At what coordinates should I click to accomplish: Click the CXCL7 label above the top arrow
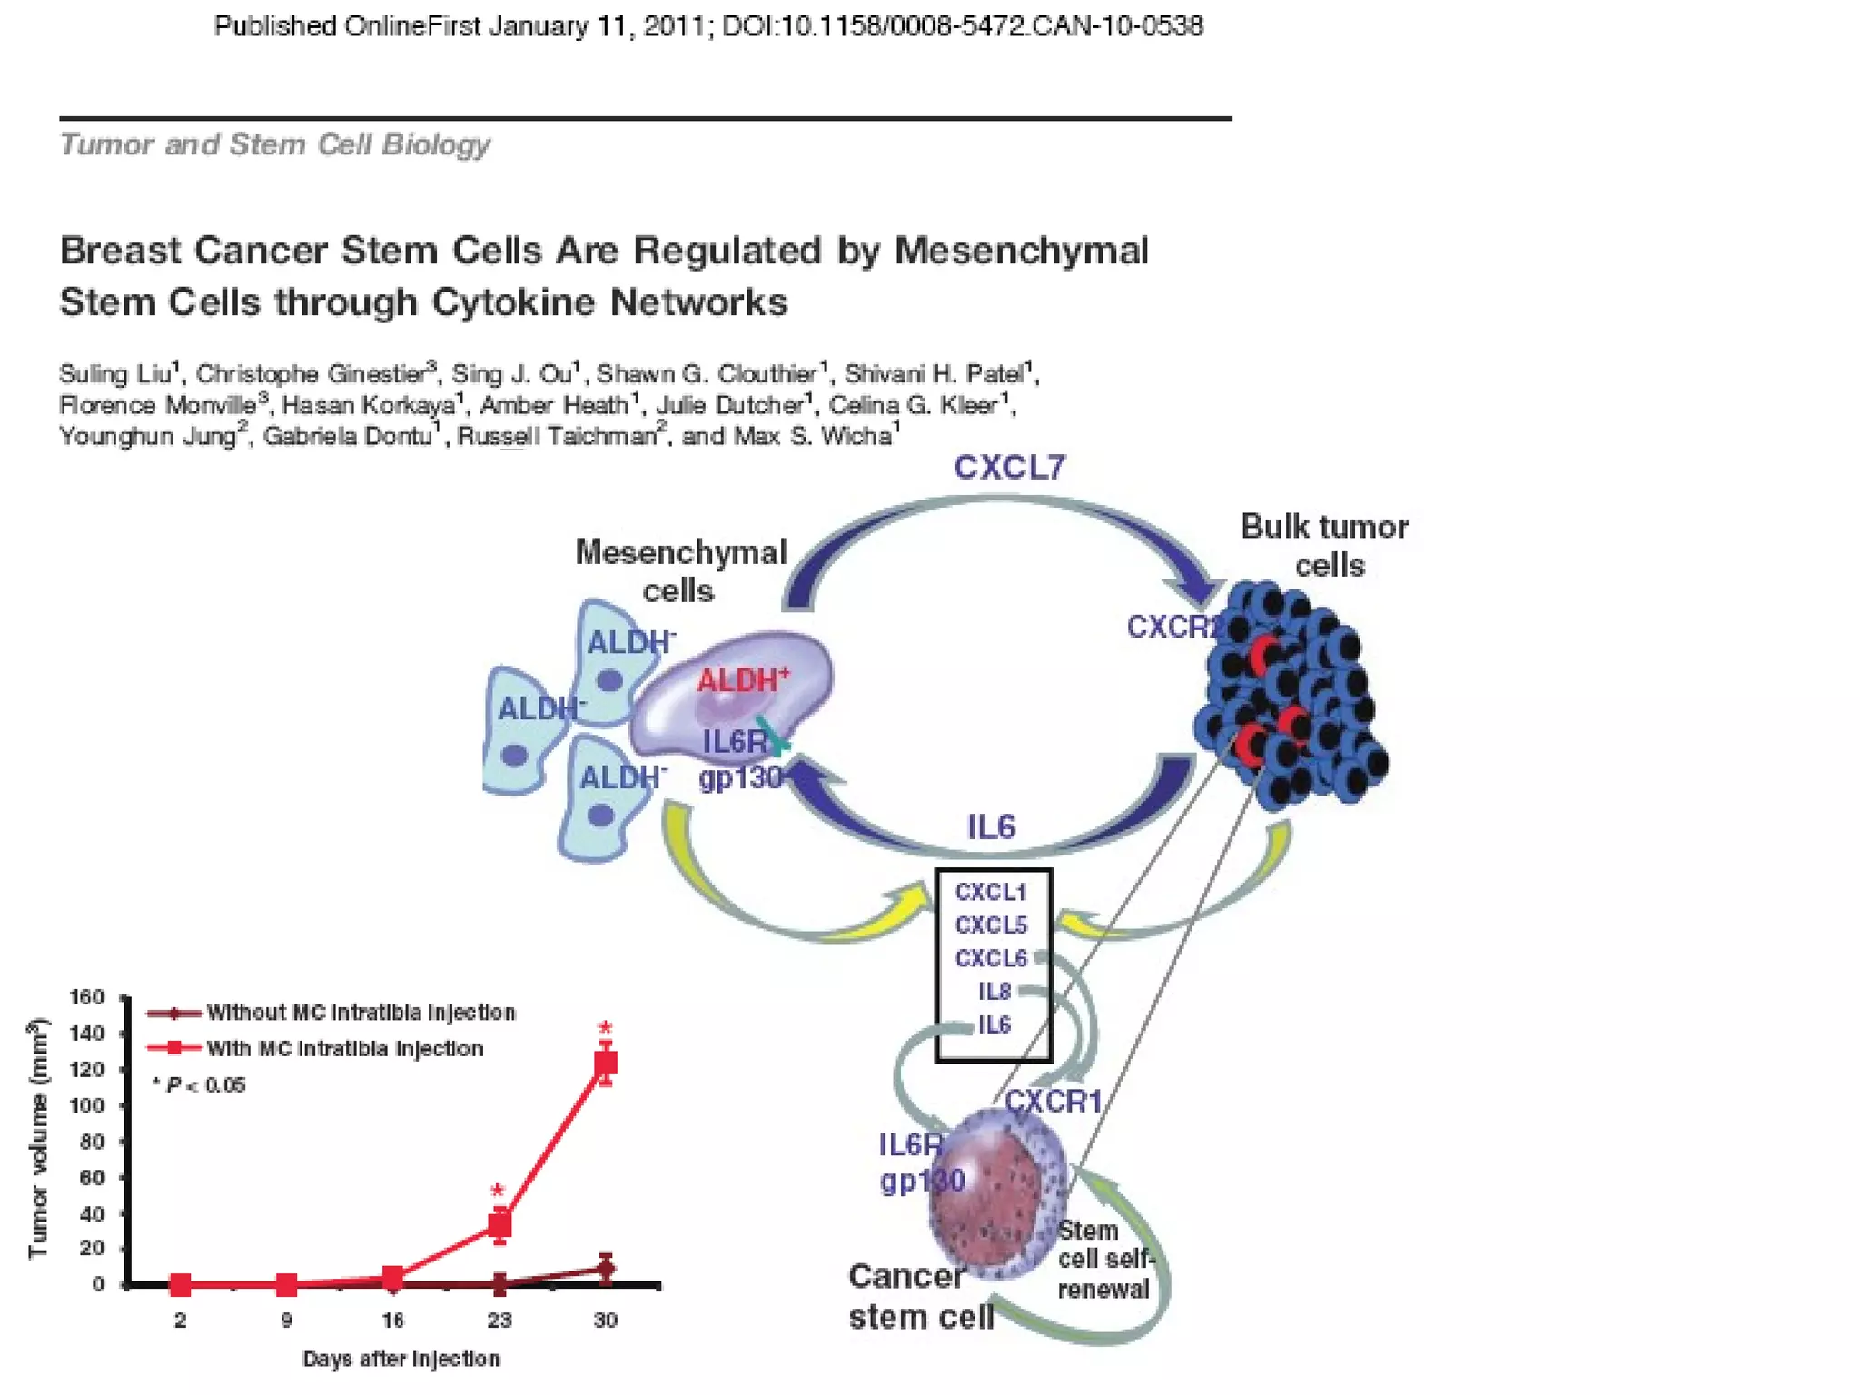coord(1009,468)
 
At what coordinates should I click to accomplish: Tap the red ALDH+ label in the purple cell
coord(742,679)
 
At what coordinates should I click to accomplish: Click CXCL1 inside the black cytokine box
coord(990,892)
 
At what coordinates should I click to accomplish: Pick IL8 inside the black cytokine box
coord(994,992)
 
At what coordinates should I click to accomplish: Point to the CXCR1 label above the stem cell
coord(1053,1102)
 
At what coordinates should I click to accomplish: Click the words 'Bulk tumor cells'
coord(1325,546)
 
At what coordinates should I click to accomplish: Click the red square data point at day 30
coord(606,1063)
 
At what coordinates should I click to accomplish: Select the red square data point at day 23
coord(500,1225)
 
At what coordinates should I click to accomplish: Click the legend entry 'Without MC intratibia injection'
coord(361,1013)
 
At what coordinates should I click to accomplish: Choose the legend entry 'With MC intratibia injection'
coord(344,1049)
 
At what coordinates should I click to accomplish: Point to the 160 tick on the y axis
coord(87,998)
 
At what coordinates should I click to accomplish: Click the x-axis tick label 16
coord(392,1321)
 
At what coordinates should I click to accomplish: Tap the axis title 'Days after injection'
coord(401,1360)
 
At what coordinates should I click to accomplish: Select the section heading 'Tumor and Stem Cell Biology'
coord(275,144)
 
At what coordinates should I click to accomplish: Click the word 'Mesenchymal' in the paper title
coord(1022,251)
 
